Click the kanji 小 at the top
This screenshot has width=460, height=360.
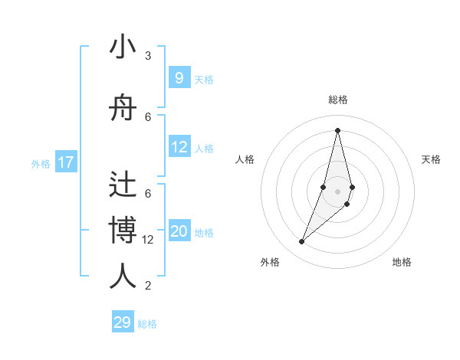coord(123,48)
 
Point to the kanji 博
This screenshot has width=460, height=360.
coord(123,230)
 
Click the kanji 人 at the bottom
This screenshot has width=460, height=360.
coord(123,276)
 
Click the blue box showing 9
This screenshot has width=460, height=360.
coord(179,77)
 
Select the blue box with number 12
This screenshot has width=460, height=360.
coord(179,147)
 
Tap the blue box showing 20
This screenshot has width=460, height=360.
coord(179,231)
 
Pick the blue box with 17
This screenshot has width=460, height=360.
coord(65,162)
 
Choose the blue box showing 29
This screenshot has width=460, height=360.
coord(123,322)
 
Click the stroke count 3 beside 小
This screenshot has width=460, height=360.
coord(148,56)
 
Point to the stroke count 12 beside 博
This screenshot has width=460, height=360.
coord(149,239)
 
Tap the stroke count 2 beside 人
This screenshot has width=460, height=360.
coord(148,286)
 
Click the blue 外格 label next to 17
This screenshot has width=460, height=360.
coord(41,163)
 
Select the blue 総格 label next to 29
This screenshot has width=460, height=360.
coord(148,323)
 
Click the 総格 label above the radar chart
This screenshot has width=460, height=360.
coord(337,100)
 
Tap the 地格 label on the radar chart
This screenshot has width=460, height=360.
coord(402,262)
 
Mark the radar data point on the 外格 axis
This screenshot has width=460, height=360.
coord(302,242)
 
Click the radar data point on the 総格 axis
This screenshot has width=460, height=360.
coord(337,130)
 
